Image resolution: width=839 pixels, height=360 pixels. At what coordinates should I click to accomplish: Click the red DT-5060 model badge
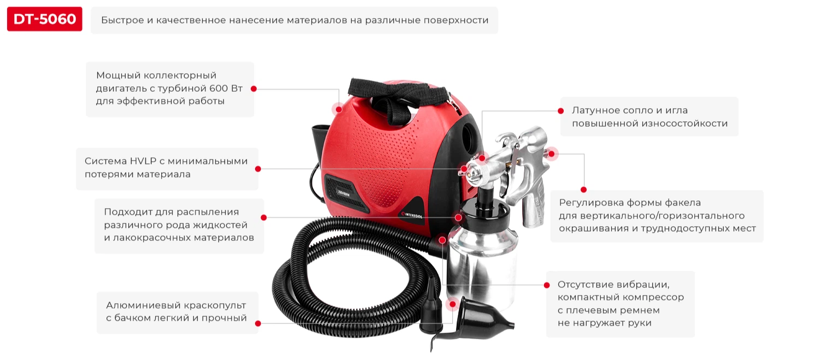(45, 19)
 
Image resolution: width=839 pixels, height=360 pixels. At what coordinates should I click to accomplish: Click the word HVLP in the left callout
(143, 161)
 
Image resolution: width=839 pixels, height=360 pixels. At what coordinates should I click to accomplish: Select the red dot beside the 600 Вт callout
(253, 89)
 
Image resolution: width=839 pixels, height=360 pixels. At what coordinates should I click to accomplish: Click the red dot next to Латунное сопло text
(561, 111)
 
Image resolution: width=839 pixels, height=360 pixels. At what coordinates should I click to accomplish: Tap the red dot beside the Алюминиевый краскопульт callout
(258, 323)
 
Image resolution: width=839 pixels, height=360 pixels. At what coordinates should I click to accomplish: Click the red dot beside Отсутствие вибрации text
(547, 286)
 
